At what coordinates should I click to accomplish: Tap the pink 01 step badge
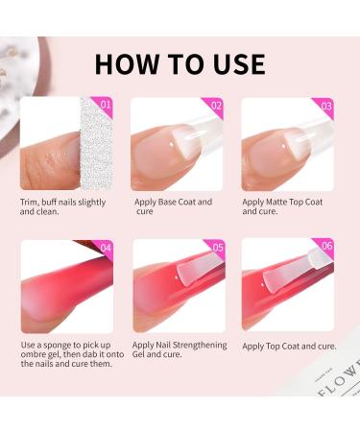tap(106, 105)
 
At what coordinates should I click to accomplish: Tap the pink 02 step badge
tap(216, 105)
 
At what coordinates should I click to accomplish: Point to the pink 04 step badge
tap(106, 247)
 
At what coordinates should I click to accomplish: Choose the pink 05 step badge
tap(216, 247)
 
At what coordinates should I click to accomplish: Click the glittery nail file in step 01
tap(97, 144)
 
